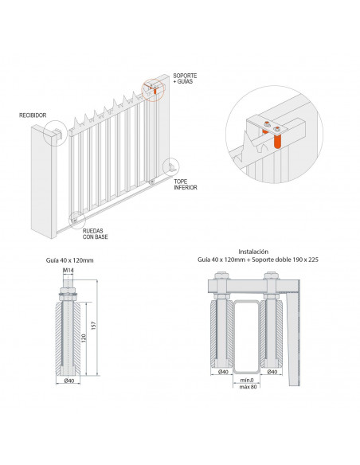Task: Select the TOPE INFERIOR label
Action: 186,185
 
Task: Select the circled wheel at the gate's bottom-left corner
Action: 75,215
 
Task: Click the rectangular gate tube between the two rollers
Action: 247,338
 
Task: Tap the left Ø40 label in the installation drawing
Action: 222,373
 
